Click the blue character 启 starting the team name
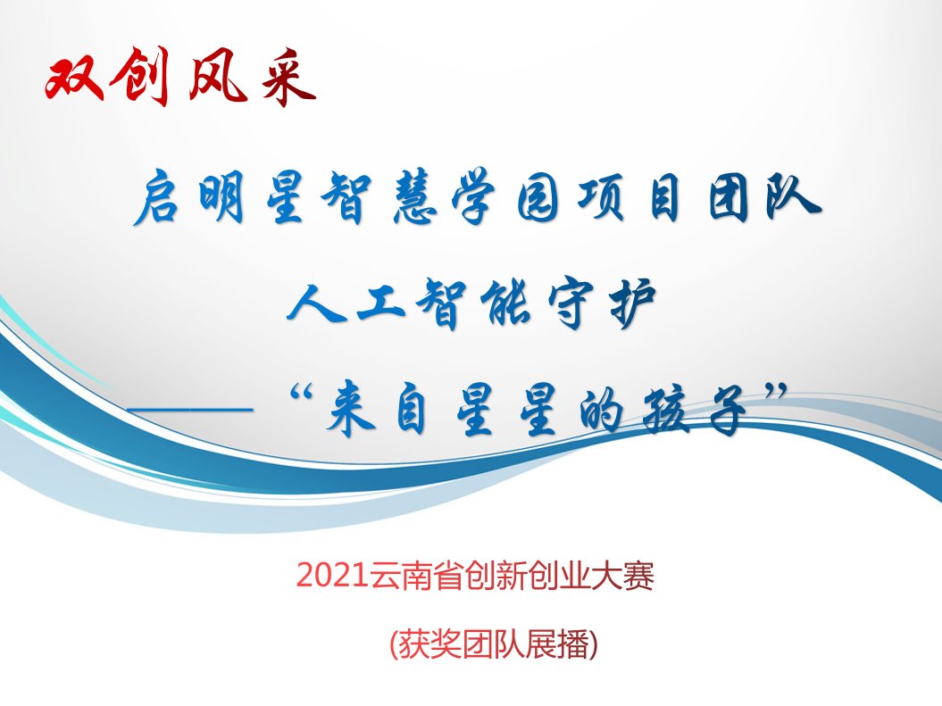click(x=158, y=197)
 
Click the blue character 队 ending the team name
click(x=793, y=197)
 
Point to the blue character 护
click(x=632, y=303)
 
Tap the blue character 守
click(x=570, y=303)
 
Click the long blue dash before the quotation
click(x=190, y=410)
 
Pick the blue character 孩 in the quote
click(x=665, y=410)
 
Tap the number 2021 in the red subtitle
click(x=332, y=575)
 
